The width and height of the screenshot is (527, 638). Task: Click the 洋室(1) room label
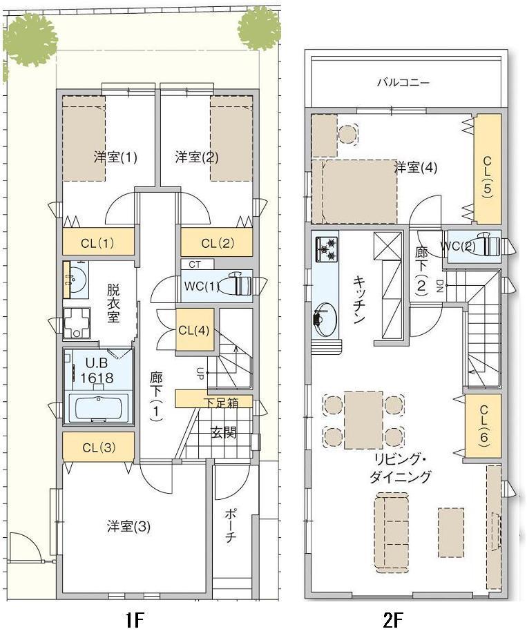pyautogui.click(x=115, y=157)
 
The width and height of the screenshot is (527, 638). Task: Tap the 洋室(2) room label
pyautogui.click(x=197, y=157)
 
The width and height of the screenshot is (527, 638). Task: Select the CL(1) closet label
pyautogui.click(x=97, y=242)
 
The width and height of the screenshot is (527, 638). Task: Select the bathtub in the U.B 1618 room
pyautogui.click(x=97, y=408)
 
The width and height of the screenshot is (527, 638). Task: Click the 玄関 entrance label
pyautogui.click(x=223, y=433)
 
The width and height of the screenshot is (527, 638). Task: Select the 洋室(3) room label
pyautogui.click(x=128, y=526)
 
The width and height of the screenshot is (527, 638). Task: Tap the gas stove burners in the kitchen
pyautogui.click(x=326, y=249)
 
